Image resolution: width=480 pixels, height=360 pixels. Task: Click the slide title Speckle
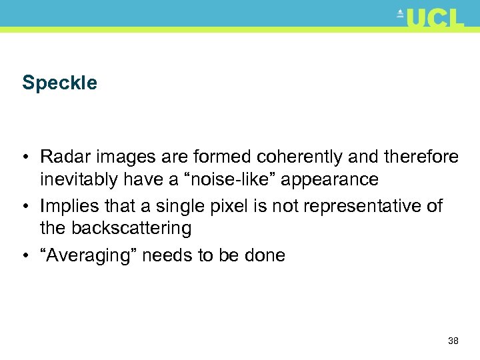[59, 83]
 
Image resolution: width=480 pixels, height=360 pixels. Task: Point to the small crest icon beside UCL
[401, 13]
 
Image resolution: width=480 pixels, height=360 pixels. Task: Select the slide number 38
[453, 341]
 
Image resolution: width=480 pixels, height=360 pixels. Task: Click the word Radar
[61, 157]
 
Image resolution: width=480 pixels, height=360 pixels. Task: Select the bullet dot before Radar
[24, 157]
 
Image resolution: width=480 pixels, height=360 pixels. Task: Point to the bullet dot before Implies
[24, 207]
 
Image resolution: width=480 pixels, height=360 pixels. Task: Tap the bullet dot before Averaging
[24, 256]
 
